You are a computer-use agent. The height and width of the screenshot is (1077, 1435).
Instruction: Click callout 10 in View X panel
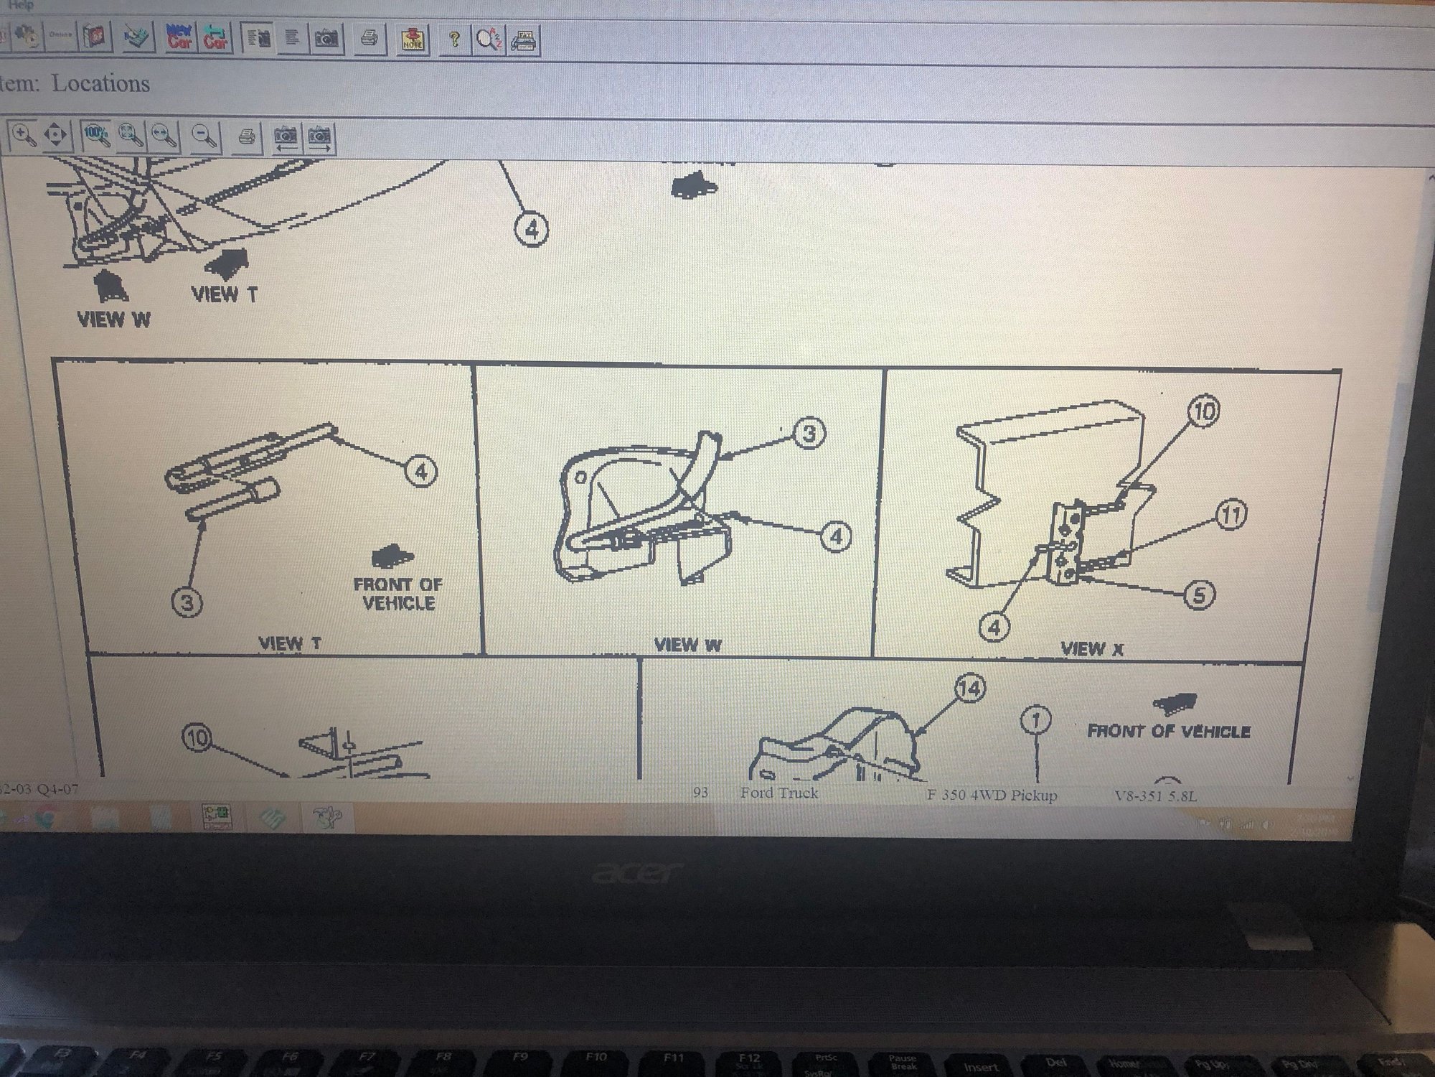point(1203,411)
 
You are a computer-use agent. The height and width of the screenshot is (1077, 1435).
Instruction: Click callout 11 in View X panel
point(1231,515)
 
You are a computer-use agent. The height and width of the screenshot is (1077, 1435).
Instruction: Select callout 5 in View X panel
point(1198,595)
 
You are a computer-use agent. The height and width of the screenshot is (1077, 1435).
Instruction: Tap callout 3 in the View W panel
point(809,434)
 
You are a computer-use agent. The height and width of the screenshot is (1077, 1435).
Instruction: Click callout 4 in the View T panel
point(421,472)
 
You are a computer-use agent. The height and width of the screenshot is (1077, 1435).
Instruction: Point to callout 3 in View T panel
point(187,602)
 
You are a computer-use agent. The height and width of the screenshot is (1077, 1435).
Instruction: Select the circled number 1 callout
point(1035,719)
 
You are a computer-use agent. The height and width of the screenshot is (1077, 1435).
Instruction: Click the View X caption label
point(1091,649)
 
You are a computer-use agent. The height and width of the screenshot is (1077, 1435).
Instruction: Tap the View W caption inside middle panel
point(687,645)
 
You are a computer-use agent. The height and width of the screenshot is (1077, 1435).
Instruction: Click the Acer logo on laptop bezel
point(636,873)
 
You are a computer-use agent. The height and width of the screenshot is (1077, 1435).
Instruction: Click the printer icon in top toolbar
point(369,38)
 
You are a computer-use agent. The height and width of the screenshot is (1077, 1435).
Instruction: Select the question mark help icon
point(453,39)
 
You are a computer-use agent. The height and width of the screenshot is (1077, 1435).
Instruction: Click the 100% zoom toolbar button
point(95,135)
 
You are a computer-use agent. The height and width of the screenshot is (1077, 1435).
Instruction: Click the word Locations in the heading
point(101,84)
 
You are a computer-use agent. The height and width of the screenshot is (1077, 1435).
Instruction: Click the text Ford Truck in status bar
point(778,793)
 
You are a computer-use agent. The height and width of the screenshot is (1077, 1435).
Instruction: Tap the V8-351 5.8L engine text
point(1155,796)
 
